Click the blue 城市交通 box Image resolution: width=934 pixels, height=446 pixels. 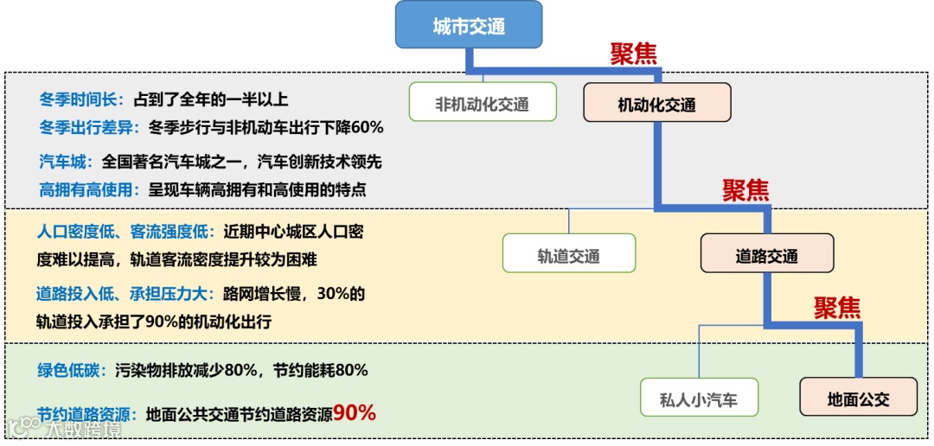coord(469,25)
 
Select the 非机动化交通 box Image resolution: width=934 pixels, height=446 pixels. coord(482,105)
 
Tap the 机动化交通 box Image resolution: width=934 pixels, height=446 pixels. coord(656,105)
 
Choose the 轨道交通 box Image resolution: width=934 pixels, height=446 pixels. coord(568,255)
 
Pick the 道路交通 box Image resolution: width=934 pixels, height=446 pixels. coord(766,255)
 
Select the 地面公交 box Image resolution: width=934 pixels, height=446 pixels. coord(858,399)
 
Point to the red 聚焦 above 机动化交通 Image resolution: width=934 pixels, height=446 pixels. coord(634,54)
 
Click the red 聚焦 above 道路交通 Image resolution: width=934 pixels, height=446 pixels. coord(745,190)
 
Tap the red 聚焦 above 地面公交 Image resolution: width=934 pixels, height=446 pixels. coord(837,307)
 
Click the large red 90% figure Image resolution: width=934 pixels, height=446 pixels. coord(355,413)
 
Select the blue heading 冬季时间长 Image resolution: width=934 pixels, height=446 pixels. coord(81,99)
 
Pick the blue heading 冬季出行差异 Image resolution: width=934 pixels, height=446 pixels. coord(89,127)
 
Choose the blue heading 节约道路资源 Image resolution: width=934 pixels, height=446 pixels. coord(89,414)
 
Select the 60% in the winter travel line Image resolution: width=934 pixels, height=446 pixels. coord(367,127)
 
